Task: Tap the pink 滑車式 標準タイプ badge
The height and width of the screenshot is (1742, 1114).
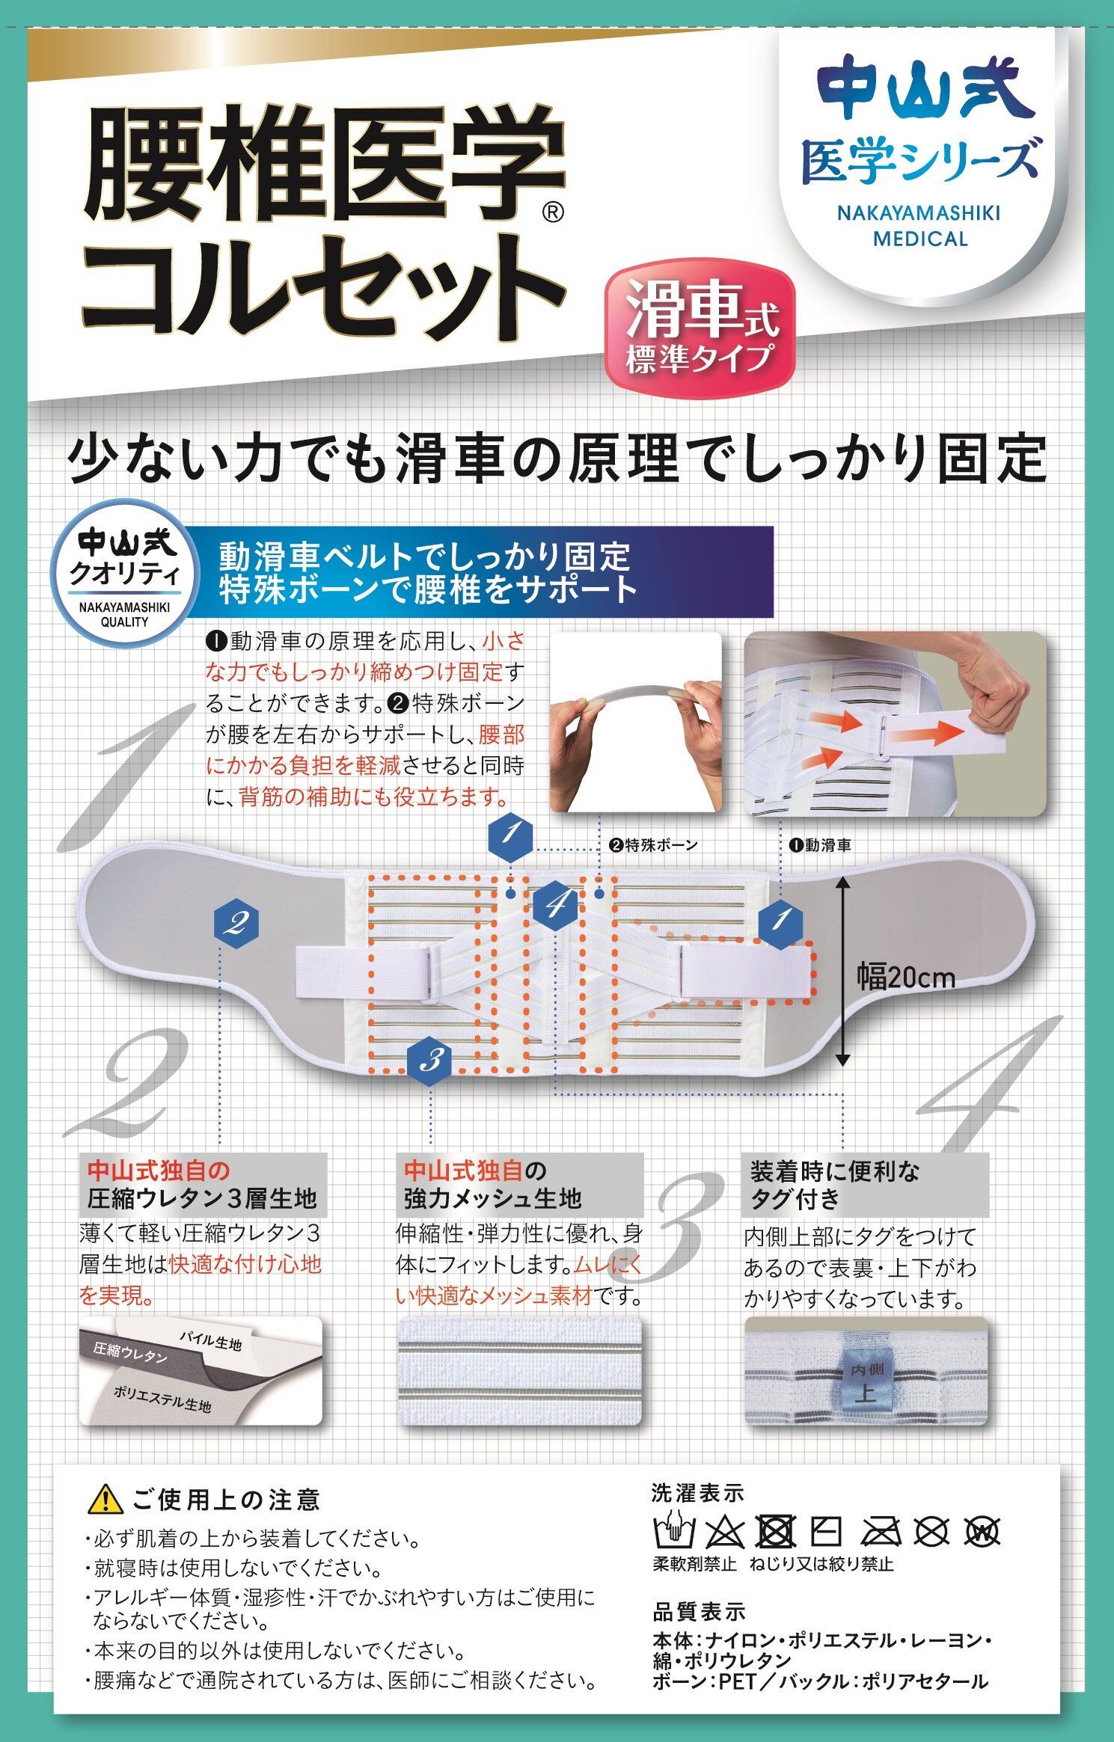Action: pos(701,332)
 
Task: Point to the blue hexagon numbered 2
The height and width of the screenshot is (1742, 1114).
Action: pos(236,924)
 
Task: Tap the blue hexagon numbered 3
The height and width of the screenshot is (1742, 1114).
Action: pos(430,1059)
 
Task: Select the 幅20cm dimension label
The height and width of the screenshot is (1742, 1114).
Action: pos(906,976)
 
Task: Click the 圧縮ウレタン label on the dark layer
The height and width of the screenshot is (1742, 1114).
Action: pos(130,1353)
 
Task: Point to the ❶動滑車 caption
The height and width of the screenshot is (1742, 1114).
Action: pos(820,845)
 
